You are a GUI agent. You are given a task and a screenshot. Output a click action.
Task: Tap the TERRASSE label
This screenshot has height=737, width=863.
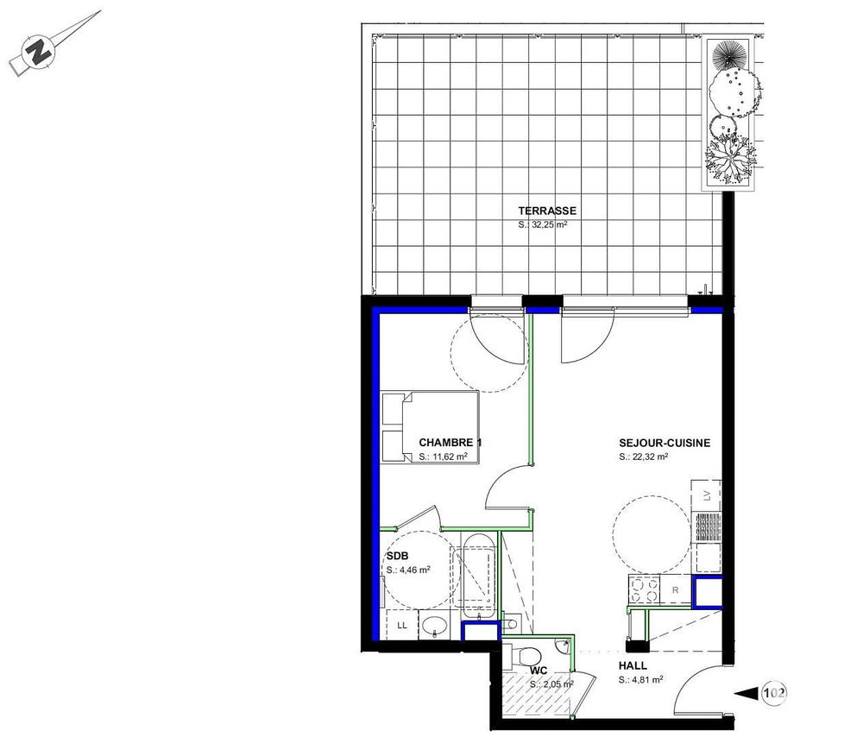(547, 211)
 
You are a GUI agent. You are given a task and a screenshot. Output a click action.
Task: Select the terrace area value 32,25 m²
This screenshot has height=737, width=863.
(543, 224)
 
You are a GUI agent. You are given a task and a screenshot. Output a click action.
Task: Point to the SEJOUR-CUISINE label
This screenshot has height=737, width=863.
(665, 443)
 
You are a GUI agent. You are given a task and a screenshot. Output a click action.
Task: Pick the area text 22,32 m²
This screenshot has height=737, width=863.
(644, 457)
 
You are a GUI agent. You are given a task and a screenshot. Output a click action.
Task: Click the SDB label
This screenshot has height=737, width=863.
(397, 557)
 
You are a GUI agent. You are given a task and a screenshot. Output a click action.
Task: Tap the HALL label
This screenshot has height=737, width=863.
(633, 666)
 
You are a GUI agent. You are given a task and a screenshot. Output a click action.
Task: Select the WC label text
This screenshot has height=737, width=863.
(539, 671)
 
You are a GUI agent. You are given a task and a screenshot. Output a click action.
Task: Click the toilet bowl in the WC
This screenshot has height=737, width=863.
(525, 655)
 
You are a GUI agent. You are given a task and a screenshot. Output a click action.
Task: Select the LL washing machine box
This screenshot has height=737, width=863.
(402, 625)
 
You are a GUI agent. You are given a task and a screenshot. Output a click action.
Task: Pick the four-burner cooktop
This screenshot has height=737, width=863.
(644, 589)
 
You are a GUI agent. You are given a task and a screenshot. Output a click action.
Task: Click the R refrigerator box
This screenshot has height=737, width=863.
(676, 590)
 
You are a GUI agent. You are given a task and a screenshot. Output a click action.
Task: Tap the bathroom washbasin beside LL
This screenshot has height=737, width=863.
(435, 625)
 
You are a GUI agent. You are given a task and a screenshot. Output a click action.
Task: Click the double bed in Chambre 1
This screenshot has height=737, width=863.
(429, 427)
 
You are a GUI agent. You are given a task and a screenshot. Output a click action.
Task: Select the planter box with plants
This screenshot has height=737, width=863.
(728, 115)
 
